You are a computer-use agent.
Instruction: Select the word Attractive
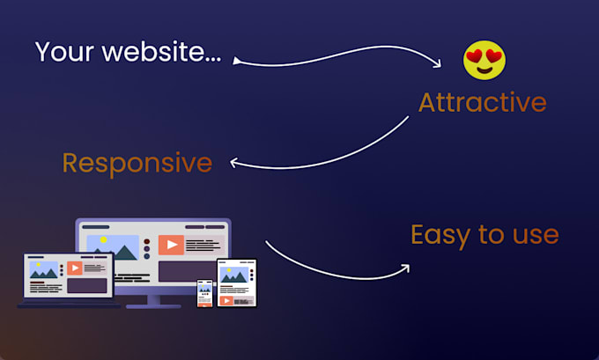(x=482, y=102)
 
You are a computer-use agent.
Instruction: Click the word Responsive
(x=137, y=163)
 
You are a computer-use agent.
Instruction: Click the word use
(x=533, y=235)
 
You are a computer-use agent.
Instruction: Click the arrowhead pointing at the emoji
(x=437, y=67)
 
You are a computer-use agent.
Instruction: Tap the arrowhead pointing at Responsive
(x=234, y=163)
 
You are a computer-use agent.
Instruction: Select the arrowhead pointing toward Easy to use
(x=404, y=267)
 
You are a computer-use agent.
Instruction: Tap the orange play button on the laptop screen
(x=75, y=268)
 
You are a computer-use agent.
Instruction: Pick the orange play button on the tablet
(x=228, y=300)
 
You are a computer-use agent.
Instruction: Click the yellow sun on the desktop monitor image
(x=103, y=239)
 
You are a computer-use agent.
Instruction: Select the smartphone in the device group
(x=204, y=293)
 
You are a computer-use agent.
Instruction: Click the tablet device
(x=236, y=283)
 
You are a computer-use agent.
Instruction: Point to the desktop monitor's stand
(x=153, y=300)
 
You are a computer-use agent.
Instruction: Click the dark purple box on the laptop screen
(x=88, y=285)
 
